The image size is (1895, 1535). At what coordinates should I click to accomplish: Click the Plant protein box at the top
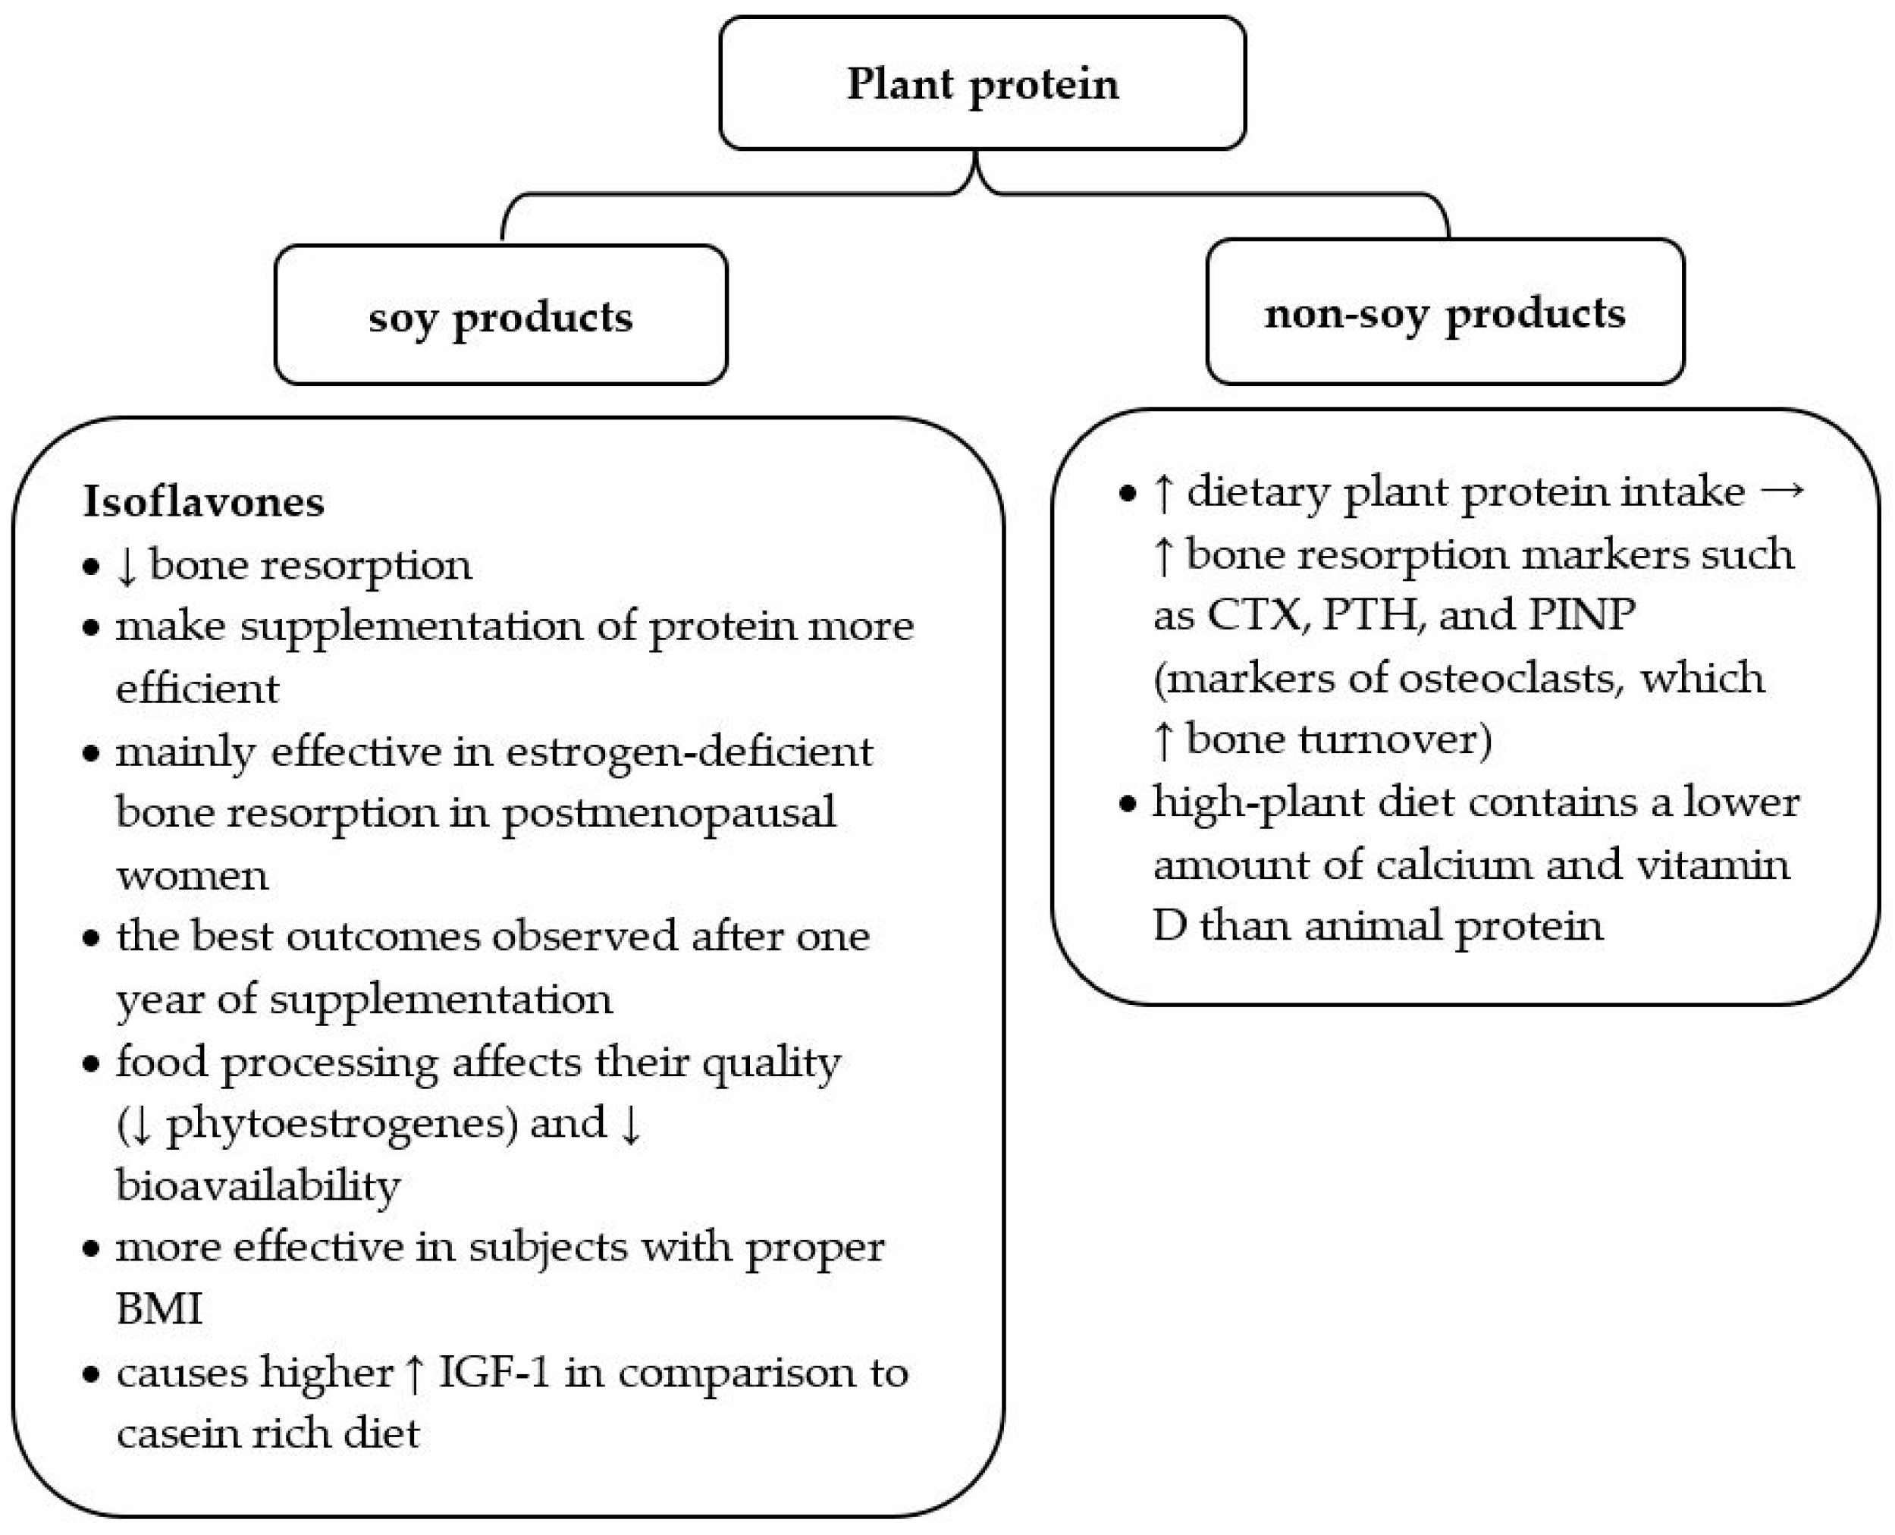point(982,83)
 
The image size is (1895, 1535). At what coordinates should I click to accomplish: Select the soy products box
point(500,315)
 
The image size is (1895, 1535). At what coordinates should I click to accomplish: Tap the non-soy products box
point(1445,312)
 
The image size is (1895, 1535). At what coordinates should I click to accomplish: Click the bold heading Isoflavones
point(203,501)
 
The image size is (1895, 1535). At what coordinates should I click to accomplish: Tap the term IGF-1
point(494,1372)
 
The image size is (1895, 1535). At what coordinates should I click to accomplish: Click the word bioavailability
point(258,1185)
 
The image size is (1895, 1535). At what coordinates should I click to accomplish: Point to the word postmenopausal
point(668,812)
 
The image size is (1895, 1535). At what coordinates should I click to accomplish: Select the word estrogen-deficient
point(689,752)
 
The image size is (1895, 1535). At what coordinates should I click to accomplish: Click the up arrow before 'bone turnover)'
point(1164,740)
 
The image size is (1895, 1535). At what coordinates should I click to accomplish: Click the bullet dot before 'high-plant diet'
point(1127,805)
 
